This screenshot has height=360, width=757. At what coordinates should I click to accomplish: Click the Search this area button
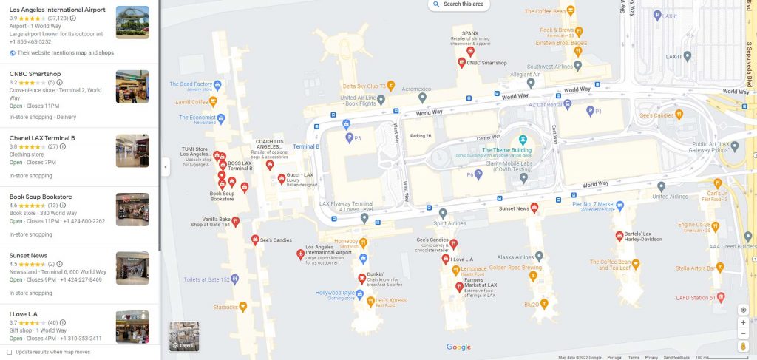[x=458, y=4]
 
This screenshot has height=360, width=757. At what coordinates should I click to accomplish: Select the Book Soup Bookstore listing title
[x=41, y=197]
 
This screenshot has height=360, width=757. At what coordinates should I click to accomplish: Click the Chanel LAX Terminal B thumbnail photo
[x=132, y=151]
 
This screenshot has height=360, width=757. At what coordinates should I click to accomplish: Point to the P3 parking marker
[x=347, y=137]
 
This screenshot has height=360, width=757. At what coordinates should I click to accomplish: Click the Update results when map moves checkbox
[x=10, y=352]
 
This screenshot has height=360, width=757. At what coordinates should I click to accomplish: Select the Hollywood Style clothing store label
[x=335, y=293]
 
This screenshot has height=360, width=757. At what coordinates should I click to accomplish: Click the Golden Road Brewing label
[x=509, y=267]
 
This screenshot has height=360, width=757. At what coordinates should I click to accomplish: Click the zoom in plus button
[x=743, y=323]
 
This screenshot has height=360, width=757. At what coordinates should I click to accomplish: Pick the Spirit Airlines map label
[x=449, y=223]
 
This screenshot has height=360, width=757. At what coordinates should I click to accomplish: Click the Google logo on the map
[x=458, y=347]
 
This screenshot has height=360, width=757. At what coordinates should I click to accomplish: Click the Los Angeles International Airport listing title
[x=57, y=10]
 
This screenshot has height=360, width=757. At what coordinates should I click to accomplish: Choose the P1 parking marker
[x=589, y=111]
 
